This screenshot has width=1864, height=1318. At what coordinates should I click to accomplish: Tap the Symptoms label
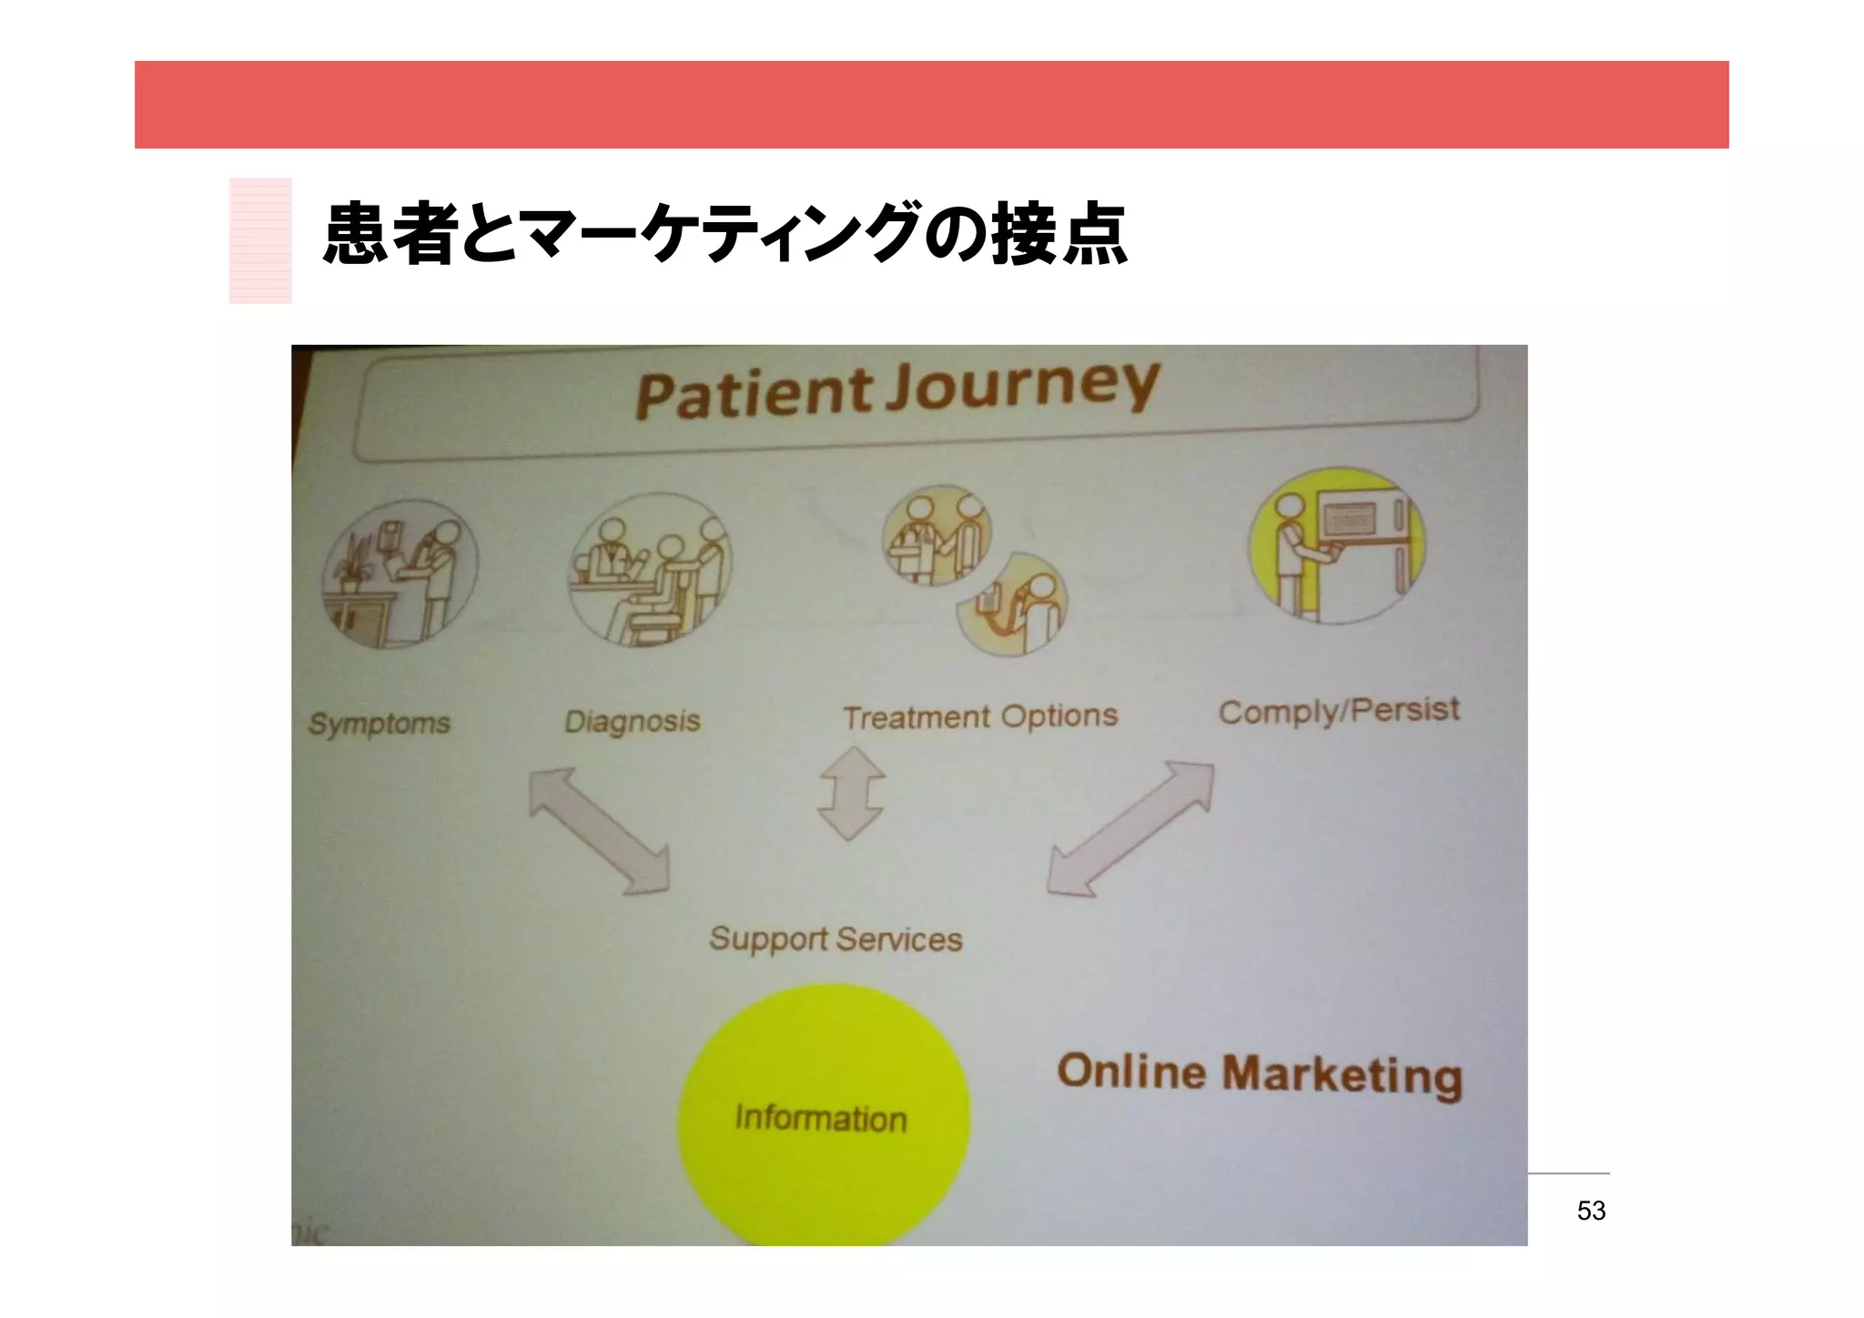click(380, 724)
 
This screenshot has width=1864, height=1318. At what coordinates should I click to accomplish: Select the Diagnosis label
click(633, 722)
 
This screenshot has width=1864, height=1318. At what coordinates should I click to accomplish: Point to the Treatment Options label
click(979, 717)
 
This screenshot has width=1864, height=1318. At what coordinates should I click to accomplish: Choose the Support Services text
click(835, 938)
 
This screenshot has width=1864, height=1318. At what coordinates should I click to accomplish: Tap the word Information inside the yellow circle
click(821, 1118)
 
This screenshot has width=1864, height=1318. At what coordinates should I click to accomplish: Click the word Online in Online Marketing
click(1131, 1071)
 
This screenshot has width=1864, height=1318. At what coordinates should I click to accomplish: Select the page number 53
click(1591, 1211)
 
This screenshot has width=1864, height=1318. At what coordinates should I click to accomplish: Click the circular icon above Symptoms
click(400, 574)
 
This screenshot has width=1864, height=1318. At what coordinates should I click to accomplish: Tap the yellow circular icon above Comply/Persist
click(1337, 544)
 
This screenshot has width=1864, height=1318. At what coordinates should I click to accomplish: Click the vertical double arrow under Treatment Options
click(852, 793)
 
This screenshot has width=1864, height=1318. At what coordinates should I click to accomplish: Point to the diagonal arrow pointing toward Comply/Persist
click(1130, 828)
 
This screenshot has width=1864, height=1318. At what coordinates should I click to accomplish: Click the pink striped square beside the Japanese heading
click(260, 240)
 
